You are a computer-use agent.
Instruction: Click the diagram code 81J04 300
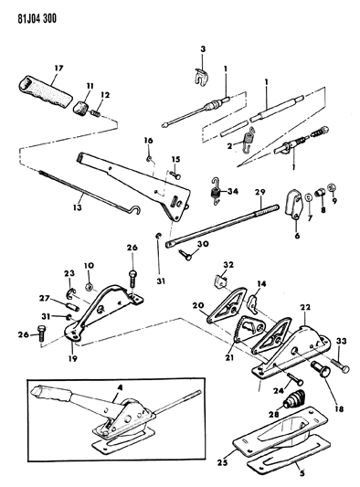coord(37,18)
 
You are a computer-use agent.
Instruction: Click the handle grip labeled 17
coord(46,92)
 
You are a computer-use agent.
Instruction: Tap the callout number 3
coord(203,49)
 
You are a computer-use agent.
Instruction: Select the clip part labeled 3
coord(200,77)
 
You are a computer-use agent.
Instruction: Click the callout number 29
coord(260,192)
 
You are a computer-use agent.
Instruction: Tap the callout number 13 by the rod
coord(78,206)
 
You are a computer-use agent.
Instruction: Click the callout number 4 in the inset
coord(120,387)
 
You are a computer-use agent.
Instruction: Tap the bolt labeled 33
coord(340,364)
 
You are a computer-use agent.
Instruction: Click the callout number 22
coord(305,307)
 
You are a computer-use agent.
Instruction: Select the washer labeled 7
coord(309,197)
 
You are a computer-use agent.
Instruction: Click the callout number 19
coord(73,358)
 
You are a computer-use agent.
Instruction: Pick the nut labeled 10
coord(89,286)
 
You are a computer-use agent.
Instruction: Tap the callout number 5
coord(302,473)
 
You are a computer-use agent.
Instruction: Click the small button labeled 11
coord(81,108)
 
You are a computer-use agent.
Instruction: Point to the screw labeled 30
coord(185,254)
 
